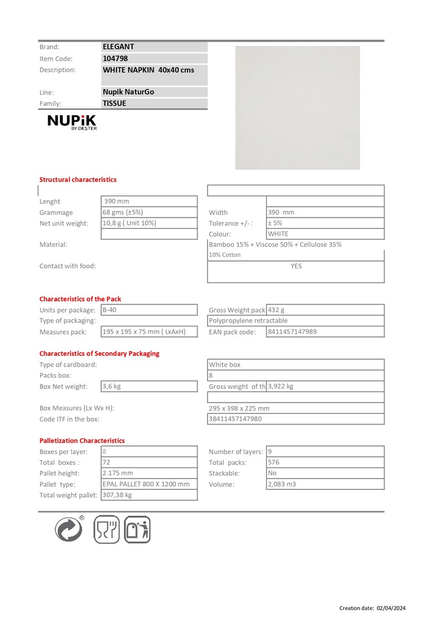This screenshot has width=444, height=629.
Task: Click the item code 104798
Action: pos(115,58)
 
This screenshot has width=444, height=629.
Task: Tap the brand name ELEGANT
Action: pos(119,47)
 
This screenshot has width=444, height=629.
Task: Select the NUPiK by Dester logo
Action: pos(72,122)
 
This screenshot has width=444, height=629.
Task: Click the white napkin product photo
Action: pos(297,108)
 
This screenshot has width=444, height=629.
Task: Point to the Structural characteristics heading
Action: pos(78,179)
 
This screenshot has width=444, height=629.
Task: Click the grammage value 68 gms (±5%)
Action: pos(123,212)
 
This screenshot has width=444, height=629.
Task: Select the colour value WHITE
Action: pos(278,234)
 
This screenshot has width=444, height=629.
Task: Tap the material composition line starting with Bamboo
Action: pos(275,244)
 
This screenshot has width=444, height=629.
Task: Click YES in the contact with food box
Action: pos(296,266)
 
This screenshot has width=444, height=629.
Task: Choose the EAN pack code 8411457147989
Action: pos(292,332)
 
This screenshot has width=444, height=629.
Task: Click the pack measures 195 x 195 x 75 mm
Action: pos(144,332)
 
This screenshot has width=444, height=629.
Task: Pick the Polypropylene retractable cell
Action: pos(249,321)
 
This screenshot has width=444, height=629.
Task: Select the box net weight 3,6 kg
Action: pos(112,386)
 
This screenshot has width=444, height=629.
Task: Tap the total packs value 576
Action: pos(274,462)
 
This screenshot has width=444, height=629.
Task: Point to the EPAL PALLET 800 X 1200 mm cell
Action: pos(147,484)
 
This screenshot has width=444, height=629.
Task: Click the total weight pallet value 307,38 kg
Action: pos(118,495)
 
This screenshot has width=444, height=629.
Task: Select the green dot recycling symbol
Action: pos(69,529)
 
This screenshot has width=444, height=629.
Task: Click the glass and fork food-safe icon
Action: pos(106,529)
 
